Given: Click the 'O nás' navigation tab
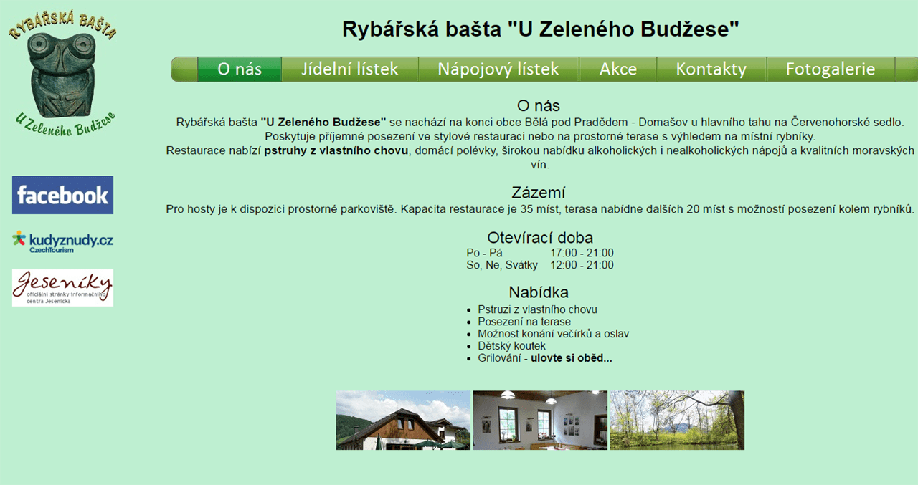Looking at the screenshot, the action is click(240, 69).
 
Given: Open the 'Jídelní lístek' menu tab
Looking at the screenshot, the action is click(349, 69).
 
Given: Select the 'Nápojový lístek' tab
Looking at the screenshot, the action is click(498, 69).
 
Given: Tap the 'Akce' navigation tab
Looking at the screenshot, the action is click(618, 69).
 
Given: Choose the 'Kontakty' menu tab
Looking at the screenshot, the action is click(711, 69).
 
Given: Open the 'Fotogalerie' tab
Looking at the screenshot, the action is click(831, 69).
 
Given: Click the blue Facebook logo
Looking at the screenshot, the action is click(62, 196).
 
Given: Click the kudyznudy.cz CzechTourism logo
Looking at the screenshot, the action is click(62, 242).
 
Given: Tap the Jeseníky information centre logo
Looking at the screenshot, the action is click(62, 288).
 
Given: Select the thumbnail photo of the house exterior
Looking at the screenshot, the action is click(403, 421).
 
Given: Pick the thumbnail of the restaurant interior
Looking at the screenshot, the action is click(540, 421).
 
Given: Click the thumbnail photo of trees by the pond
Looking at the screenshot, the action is click(678, 421).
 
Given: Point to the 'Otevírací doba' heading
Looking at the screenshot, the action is click(540, 238).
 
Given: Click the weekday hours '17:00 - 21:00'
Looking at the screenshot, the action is click(582, 253).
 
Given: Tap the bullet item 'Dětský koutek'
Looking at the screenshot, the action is click(511, 346).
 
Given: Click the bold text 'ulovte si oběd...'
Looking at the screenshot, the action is click(572, 358).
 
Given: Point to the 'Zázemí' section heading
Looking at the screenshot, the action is click(538, 193).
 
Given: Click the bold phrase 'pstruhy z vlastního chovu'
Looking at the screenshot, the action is click(336, 150).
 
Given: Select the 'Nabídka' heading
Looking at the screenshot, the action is click(539, 292).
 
